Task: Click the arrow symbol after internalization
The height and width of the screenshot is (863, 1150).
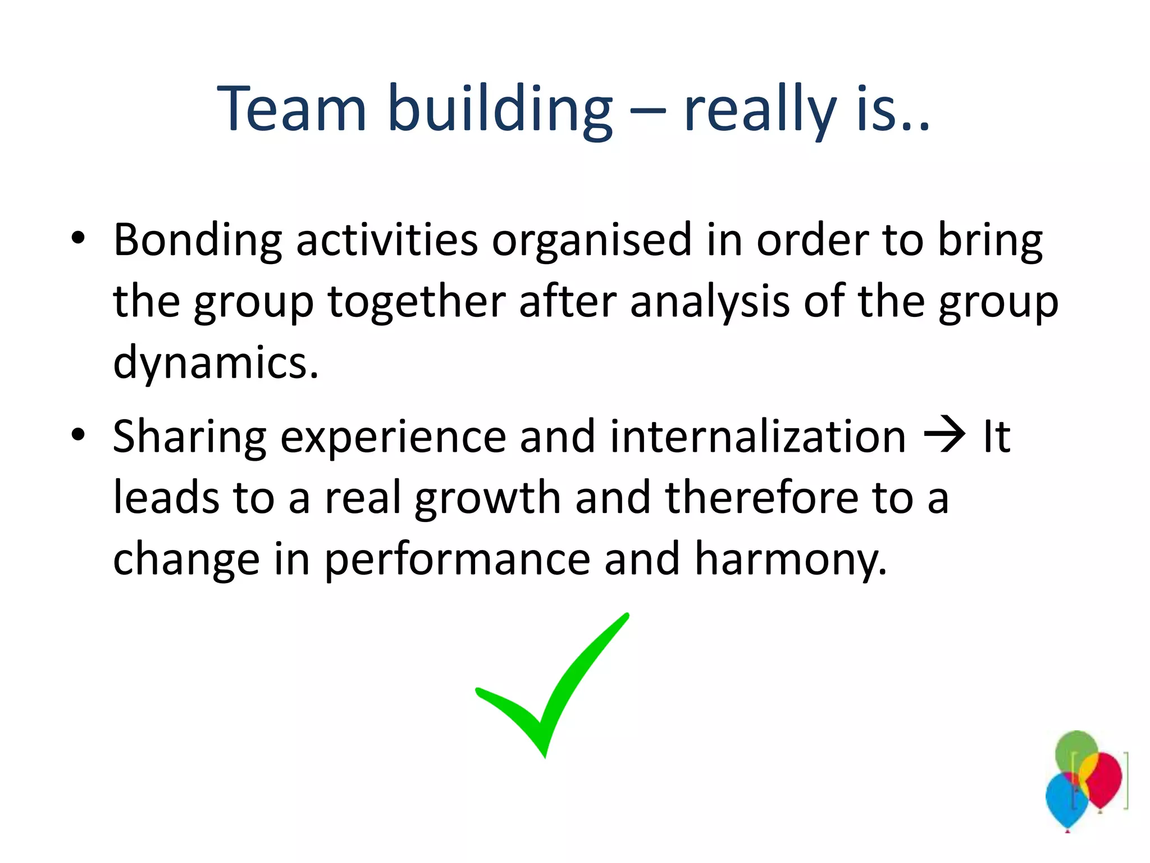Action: point(945,435)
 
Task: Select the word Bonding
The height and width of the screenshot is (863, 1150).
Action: point(197,240)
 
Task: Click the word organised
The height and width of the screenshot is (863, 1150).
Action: point(592,240)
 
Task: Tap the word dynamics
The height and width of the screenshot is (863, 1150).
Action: point(216,363)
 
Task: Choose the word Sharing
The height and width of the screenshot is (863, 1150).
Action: point(190,437)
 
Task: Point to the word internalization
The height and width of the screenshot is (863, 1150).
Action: point(757,437)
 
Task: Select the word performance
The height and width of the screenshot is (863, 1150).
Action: point(457,560)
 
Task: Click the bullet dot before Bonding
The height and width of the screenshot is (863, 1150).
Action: point(78,238)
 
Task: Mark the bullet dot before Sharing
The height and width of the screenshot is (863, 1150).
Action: point(78,434)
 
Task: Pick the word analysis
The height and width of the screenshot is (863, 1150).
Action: point(710,302)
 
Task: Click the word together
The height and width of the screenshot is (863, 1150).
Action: point(417,302)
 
